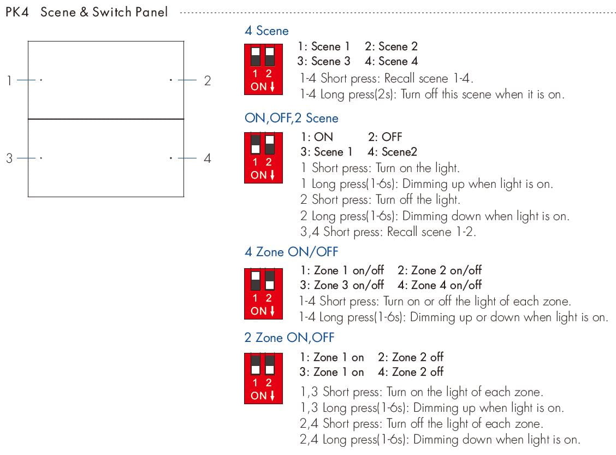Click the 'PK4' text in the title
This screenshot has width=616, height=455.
[x=17, y=11]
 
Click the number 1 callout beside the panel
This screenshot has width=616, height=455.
[x=9, y=81]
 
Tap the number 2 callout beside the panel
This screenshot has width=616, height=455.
[x=208, y=81]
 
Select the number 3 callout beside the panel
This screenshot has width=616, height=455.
[x=9, y=158]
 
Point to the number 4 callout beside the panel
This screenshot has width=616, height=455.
[x=208, y=158]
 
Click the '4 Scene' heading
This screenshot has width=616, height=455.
[x=266, y=31]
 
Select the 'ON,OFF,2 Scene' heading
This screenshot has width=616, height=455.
[x=292, y=118]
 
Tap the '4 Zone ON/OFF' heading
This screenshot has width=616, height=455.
[x=291, y=252]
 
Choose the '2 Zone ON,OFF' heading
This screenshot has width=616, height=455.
[x=289, y=338]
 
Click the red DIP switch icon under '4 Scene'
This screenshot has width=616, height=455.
[x=263, y=69]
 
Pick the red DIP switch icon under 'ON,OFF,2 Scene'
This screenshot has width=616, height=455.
[x=263, y=157]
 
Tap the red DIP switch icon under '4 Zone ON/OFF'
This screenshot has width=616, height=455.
[x=263, y=293]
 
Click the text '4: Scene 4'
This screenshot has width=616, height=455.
[x=391, y=61]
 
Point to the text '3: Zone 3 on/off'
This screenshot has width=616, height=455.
[x=342, y=285]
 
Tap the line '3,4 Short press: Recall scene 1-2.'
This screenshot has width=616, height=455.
[x=388, y=232]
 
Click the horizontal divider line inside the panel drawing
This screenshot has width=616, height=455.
[x=106, y=119]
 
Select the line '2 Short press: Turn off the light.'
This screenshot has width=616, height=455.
[x=380, y=200]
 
